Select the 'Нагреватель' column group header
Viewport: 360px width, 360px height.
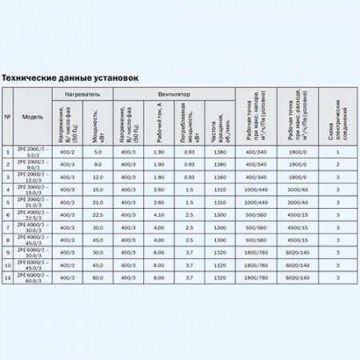82,94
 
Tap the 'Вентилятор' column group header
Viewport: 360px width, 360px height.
175,94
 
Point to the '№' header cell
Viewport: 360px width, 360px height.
8,117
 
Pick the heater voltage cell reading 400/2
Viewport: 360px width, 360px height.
67,151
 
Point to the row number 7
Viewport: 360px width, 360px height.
8,226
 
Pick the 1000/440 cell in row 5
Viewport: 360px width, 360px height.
258,202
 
